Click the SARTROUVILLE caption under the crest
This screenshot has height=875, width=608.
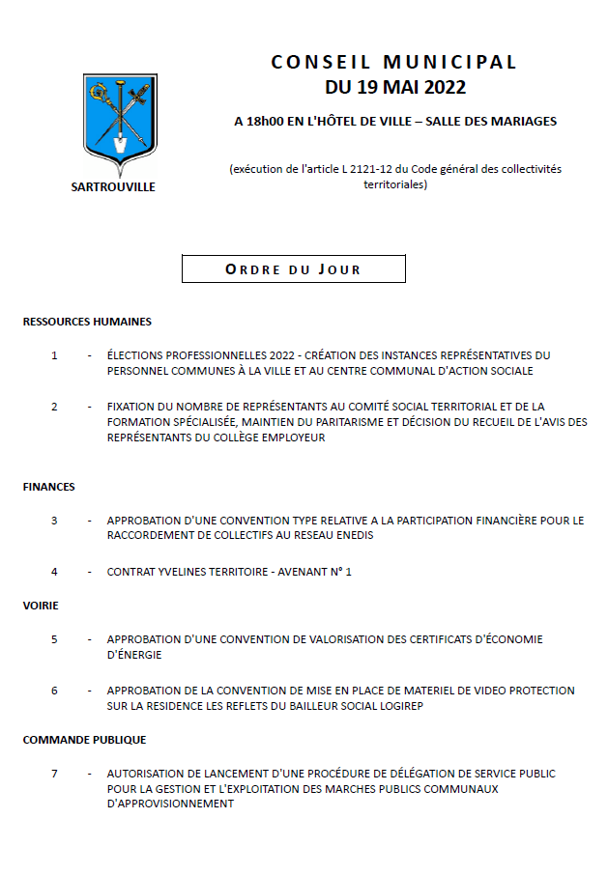[113, 187]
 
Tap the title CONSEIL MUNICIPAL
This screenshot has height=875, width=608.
[394, 62]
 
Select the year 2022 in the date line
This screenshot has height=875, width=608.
[438, 88]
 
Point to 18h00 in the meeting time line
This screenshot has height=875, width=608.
[267, 122]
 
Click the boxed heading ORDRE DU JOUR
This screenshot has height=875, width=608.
[293, 269]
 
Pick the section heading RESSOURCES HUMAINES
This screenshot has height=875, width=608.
[87, 322]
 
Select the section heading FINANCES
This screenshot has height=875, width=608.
[49, 487]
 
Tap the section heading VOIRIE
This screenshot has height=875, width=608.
[41, 606]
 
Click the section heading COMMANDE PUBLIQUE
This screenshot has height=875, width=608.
[84, 740]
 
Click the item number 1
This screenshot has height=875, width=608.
[54, 355]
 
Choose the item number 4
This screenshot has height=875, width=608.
[54, 572]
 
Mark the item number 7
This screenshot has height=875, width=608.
[54, 774]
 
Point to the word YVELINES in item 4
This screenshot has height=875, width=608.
[177, 572]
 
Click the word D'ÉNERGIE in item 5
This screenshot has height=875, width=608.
[134, 655]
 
